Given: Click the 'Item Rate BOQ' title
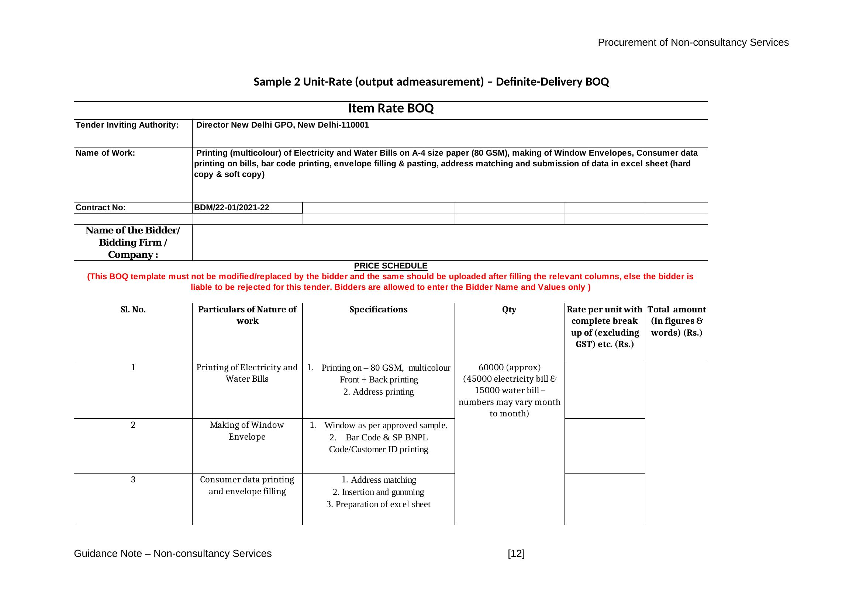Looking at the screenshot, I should tap(390, 108).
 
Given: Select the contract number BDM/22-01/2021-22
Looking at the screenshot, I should tap(232, 208).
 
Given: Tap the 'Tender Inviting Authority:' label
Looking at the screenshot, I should tap(127, 125).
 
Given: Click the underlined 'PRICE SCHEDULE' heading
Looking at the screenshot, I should tap(390, 266).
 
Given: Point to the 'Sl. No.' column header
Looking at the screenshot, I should tap(133, 309).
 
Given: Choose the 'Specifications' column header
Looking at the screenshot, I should tap(378, 309).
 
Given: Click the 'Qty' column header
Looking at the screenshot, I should tap(509, 309).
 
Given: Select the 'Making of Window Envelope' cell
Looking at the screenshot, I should tap(247, 431).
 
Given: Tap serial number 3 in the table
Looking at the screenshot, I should tap(133, 480).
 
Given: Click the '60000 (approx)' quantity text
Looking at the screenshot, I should tap(509, 367).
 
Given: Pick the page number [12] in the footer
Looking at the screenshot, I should tap(516, 554).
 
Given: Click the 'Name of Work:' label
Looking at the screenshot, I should tap(105, 153).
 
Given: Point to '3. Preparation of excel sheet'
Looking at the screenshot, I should tap(378, 505).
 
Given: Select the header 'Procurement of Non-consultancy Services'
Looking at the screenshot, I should tap(693, 43).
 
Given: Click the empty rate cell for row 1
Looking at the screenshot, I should tap(604, 389).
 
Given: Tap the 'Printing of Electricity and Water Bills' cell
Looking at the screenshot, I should tap(247, 373).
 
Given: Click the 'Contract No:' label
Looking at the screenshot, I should tap(101, 208).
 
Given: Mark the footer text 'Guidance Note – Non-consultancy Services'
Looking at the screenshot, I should tap(173, 554).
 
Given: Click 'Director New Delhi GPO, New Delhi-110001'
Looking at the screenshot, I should tap(282, 125).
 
